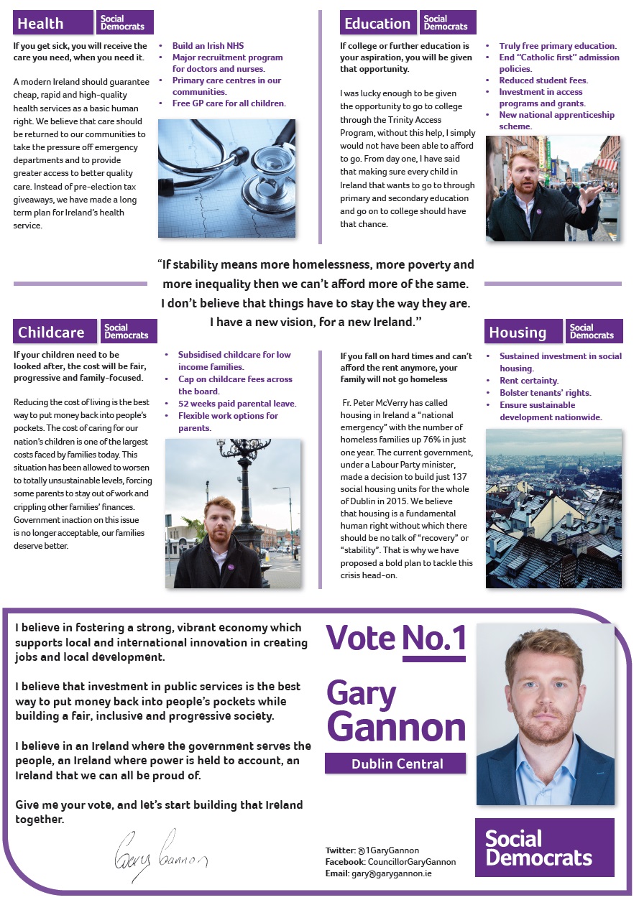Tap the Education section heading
(x=378, y=24)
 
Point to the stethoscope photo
(x=226, y=178)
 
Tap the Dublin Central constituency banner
(x=397, y=764)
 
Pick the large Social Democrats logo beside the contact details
(x=544, y=848)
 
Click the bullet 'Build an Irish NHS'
(x=208, y=46)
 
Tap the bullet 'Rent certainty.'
(x=529, y=381)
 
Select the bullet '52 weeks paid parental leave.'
(x=236, y=404)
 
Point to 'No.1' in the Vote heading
(x=433, y=639)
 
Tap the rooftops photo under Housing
(x=553, y=509)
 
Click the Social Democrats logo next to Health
(x=125, y=23)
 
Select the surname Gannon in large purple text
(x=397, y=727)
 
